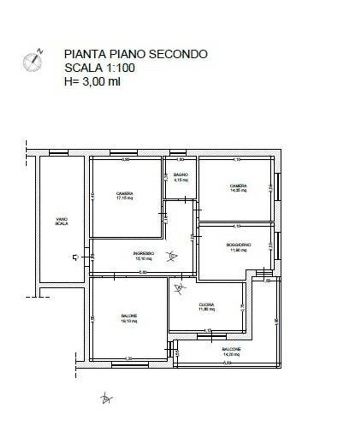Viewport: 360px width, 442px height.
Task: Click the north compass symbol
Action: [33, 61]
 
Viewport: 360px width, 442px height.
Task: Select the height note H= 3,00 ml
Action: [92, 81]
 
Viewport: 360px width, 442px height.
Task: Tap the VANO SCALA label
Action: [61, 221]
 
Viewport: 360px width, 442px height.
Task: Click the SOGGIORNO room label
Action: [238, 247]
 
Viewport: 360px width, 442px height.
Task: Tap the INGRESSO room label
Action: [143, 255]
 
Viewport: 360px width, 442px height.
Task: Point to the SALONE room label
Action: [129, 318]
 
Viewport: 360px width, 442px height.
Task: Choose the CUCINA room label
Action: [207, 307]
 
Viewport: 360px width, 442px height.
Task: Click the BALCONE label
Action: [232, 351]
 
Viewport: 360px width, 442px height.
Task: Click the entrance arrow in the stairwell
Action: [76, 257]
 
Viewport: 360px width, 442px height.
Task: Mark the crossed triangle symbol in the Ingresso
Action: [171, 256]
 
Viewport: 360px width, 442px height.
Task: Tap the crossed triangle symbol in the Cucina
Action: [179, 288]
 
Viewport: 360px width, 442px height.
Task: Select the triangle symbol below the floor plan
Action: [106, 399]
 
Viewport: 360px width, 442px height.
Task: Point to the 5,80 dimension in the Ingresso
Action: [143, 272]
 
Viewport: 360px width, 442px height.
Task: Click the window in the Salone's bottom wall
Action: [124, 365]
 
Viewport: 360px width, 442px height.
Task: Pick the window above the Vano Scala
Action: [58, 153]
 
